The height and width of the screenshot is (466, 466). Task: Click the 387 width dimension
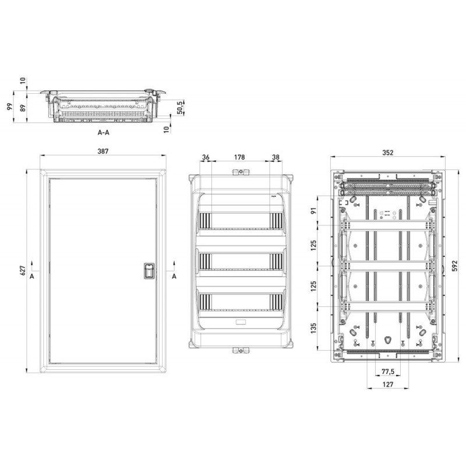click(103, 151)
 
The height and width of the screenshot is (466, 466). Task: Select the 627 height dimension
click(22, 270)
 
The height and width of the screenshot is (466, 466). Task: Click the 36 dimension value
click(205, 157)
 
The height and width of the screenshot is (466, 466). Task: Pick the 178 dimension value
click(239, 157)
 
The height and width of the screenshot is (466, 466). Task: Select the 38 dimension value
click(276, 157)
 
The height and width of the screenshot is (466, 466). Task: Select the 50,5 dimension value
click(181, 107)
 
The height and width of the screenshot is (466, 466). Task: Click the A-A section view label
click(103, 133)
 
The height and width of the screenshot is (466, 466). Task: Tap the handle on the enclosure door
click(149, 271)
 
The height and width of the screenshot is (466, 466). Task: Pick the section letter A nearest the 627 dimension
click(31, 276)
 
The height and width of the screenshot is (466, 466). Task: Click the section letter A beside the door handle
click(174, 276)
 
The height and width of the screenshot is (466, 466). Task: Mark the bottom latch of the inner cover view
click(239, 349)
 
